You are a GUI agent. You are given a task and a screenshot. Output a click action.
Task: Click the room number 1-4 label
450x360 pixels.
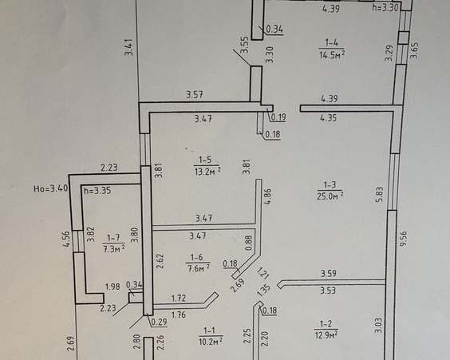point(331,43)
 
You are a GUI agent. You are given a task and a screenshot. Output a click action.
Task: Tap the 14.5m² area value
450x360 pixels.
point(332,54)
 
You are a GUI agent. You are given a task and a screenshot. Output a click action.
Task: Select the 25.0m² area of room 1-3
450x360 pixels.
point(330,196)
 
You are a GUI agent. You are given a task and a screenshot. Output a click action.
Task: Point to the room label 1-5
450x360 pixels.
point(205,160)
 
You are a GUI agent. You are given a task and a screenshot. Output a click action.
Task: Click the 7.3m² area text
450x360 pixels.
point(114,248)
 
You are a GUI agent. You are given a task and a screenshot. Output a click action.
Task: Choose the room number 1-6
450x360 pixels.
point(196,257)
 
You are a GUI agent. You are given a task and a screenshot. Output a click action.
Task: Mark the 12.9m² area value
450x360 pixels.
point(326,334)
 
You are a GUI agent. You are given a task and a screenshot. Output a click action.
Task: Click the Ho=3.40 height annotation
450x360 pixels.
point(51,188)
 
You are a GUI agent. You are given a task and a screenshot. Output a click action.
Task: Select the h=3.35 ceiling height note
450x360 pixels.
point(97,190)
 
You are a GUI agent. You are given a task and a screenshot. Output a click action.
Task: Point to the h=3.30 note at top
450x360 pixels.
point(385,8)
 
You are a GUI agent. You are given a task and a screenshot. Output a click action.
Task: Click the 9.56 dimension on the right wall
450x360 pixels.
point(404,239)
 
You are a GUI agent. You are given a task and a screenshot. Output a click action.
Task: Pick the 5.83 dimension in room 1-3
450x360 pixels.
point(380,194)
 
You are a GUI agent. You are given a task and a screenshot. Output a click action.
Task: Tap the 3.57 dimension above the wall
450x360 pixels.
point(195,94)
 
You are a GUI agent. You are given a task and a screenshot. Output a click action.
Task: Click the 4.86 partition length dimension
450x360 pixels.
point(267,196)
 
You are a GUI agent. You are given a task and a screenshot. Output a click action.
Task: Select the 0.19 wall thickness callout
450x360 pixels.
point(278,117)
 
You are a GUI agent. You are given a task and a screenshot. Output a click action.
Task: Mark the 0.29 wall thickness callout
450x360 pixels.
point(159,322)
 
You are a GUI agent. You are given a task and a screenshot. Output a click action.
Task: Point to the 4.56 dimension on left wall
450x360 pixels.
point(66,239)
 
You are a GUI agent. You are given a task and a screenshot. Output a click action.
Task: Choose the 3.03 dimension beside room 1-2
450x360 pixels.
point(379,325)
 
